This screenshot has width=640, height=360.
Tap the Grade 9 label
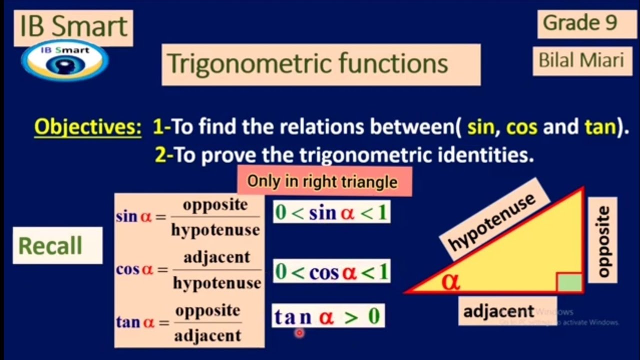coord(580,23)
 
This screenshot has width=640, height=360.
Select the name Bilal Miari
coord(581,60)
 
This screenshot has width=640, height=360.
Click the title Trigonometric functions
coord(307,64)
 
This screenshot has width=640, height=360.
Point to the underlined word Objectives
coord(87,127)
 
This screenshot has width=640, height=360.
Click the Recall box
coord(50,246)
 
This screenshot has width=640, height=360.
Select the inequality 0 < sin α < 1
coord(331,212)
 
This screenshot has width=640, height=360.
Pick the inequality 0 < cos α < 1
coord(331,272)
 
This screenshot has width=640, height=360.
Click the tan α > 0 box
coord(328,317)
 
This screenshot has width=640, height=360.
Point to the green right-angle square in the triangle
coord(570,282)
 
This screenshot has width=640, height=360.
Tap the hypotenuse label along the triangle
coord(491,221)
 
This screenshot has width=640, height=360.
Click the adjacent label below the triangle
coord(498,311)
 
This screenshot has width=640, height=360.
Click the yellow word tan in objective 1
coord(599,127)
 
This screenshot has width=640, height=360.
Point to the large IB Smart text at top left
coord(73,26)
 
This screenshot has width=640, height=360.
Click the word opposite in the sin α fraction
coord(215,205)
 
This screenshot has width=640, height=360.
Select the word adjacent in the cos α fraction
coord(216,258)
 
